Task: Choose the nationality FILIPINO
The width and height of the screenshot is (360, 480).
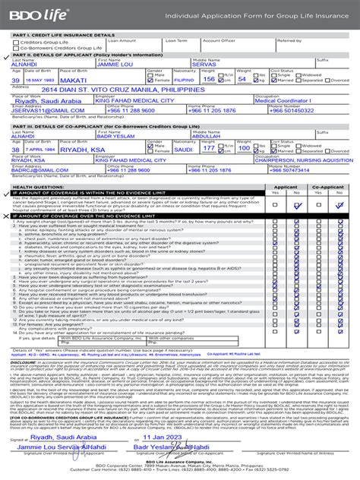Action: click(184, 79)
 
